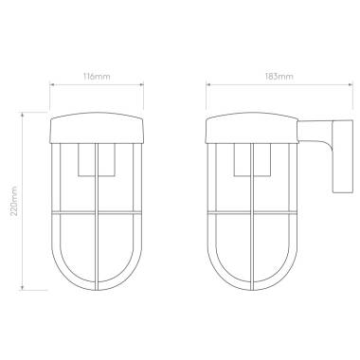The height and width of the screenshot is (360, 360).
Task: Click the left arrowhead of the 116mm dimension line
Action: pyautogui.click(x=52, y=83)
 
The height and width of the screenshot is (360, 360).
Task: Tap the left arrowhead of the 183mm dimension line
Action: pyautogui.click(x=207, y=83)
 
